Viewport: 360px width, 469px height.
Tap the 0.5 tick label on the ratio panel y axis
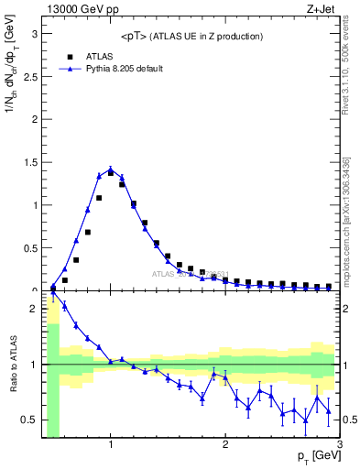tap(30, 420)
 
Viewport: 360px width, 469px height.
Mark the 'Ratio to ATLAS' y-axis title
tap(12, 365)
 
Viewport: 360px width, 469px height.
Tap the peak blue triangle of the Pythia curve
tap(111, 167)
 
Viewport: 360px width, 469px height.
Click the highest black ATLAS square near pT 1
tap(111, 172)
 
